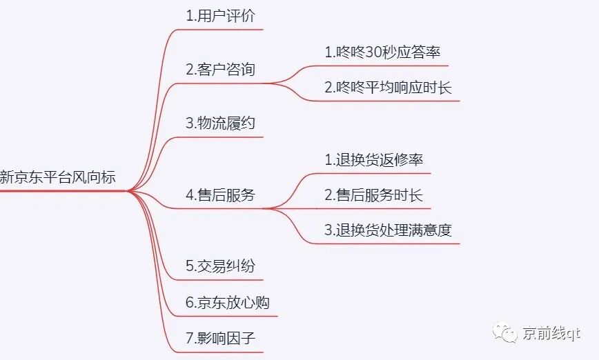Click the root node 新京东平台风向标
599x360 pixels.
(x=58, y=177)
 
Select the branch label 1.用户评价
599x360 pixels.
(x=220, y=17)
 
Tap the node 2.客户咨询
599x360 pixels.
(x=220, y=70)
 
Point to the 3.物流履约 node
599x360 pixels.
(x=220, y=123)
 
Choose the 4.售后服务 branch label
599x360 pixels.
(x=220, y=195)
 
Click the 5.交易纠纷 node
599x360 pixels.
(x=220, y=266)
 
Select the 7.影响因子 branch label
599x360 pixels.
(x=220, y=338)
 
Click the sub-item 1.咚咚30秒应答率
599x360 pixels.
(x=382, y=52)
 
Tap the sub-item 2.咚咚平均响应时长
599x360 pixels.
(x=389, y=88)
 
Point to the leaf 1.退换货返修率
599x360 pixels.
(x=373, y=159)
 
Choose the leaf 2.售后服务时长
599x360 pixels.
(x=373, y=195)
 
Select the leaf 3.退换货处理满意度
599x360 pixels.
(x=389, y=230)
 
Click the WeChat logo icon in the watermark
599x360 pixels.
(x=507, y=333)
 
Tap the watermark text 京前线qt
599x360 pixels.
(x=552, y=333)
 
